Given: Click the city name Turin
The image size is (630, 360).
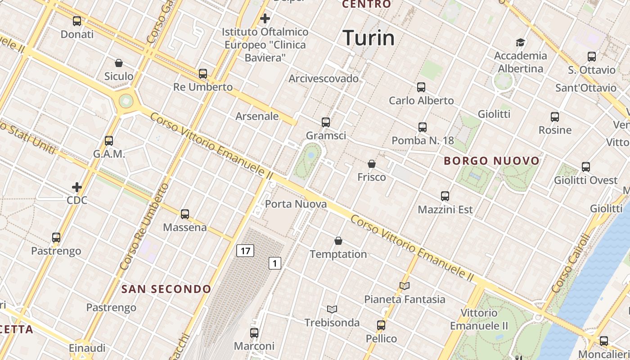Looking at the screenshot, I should [x=369, y=38].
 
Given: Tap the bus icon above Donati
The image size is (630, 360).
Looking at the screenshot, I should [x=77, y=21].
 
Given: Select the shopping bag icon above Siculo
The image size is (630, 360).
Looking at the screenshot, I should [x=119, y=63].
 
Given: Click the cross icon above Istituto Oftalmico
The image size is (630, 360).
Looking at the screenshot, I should [x=265, y=18].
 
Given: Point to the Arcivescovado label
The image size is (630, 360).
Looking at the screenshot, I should [x=324, y=79].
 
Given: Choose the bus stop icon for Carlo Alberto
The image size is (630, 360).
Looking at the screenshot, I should [x=421, y=87].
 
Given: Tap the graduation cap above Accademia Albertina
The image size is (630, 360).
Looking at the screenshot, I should [x=520, y=43].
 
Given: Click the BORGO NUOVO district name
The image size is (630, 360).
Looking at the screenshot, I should [x=491, y=161].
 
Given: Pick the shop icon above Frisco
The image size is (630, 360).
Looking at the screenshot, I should [x=372, y=164].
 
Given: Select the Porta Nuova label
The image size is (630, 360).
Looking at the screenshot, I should [x=296, y=204].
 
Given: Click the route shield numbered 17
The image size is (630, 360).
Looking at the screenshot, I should [x=245, y=251].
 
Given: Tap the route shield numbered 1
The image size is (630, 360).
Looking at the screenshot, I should [x=275, y=263].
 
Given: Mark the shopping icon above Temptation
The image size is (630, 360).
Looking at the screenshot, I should [x=338, y=241].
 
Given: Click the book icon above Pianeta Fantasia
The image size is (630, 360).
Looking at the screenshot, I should [x=405, y=286].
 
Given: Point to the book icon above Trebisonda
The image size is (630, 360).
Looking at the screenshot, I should [x=332, y=309].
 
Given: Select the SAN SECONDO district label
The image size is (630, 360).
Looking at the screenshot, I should [x=166, y=289].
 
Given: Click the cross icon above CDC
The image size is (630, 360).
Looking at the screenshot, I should [x=77, y=187].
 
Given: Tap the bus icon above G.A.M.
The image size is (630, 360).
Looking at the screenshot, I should [x=109, y=141].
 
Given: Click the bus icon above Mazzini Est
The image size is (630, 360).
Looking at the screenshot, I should [x=445, y=196].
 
